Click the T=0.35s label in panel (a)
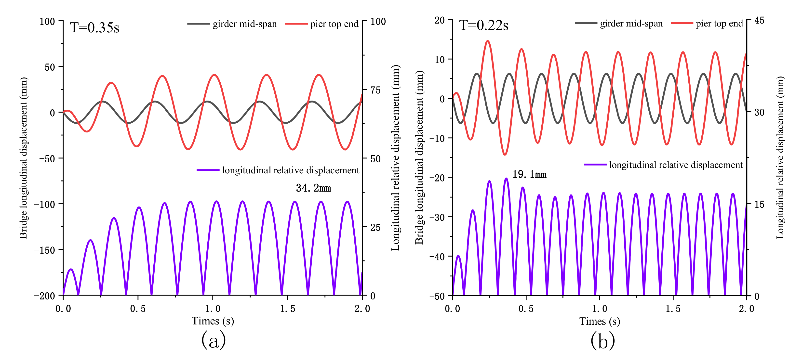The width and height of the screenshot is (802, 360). click(94, 27)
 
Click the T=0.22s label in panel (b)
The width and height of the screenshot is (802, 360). click(483, 25)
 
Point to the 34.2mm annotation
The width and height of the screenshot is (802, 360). click(313, 188)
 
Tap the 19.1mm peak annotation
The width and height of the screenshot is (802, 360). click(529, 174)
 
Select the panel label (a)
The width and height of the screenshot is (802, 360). click(214, 340)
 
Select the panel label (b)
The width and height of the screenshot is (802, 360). click(603, 340)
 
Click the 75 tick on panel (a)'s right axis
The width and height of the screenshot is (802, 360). click(375, 90)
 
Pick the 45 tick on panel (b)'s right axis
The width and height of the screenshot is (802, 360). click(759, 21)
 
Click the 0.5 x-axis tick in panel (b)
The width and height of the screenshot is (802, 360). click(526, 309)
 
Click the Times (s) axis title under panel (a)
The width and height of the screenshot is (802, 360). click(213, 321)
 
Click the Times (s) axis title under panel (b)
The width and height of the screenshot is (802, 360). click(599, 321)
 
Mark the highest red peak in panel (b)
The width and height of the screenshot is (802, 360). click(488, 41)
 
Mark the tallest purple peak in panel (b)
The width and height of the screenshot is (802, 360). click(507, 179)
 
